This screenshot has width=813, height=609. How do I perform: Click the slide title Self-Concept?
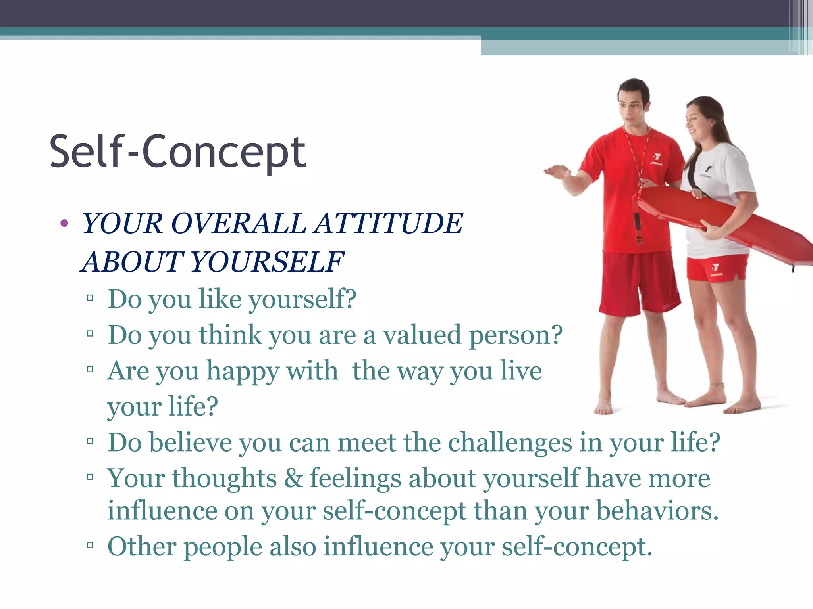pyautogui.click(x=177, y=152)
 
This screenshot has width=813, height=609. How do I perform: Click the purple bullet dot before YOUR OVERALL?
pyautogui.click(x=64, y=224)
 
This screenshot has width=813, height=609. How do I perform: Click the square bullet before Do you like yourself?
pyautogui.click(x=90, y=297)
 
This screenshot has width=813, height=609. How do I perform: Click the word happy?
pyautogui.click(x=243, y=372)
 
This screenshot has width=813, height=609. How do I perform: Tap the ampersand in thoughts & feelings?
pyautogui.click(x=293, y=478)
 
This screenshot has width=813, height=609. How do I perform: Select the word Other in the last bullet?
pyautogui.click(x=142, y=546)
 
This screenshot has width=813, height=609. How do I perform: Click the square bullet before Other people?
pyautogui.click(x=90, y=545)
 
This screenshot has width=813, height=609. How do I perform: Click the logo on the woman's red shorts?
pyautogui.click(x=715, y=268)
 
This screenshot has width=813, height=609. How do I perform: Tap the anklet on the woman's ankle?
pyautogui.click(x=717, y=385)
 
